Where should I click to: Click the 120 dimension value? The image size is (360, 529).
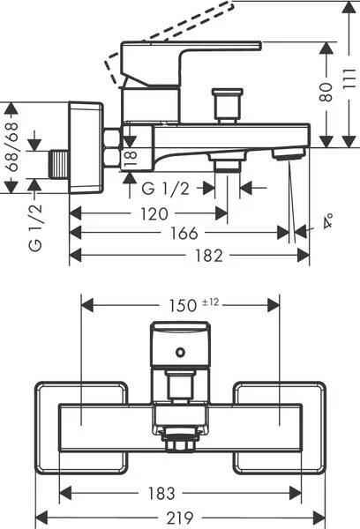(x=154, y=214)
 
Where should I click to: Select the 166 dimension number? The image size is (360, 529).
(x=184, y=233)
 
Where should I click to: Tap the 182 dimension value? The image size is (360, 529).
(x=209, y=256)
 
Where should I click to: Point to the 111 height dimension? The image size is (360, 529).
(x=350, y=78)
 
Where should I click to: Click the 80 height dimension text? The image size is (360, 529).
(x=326, y=92)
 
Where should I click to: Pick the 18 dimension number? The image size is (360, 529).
(x=131, y=158)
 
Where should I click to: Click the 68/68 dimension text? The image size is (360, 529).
(x=11, y=147)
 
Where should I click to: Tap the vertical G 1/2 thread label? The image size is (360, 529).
(x=35, y=227)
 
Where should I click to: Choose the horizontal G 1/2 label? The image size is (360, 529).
(x=166, y=189)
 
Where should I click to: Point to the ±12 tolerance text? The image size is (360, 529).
(x=210, y=302)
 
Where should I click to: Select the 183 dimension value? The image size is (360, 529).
(x=161, y=494)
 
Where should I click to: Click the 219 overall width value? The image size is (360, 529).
(x=180, y=518)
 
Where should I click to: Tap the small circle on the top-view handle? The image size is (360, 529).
(x=180, y=353)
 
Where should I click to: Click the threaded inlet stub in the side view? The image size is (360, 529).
(x=59, y=164)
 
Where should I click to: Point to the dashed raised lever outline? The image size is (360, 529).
(x=168, y=38)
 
